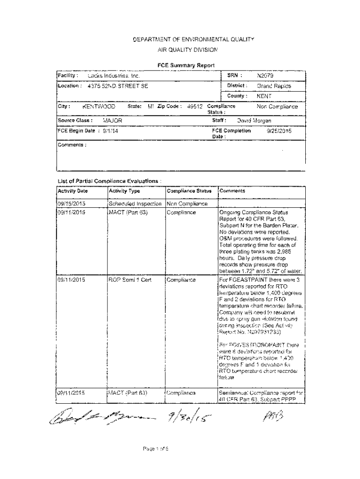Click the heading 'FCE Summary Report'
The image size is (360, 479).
186,65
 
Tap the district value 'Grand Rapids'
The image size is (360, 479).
274,86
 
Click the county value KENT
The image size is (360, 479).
264,96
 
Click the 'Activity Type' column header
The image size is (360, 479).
124,191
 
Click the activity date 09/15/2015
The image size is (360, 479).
72,203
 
